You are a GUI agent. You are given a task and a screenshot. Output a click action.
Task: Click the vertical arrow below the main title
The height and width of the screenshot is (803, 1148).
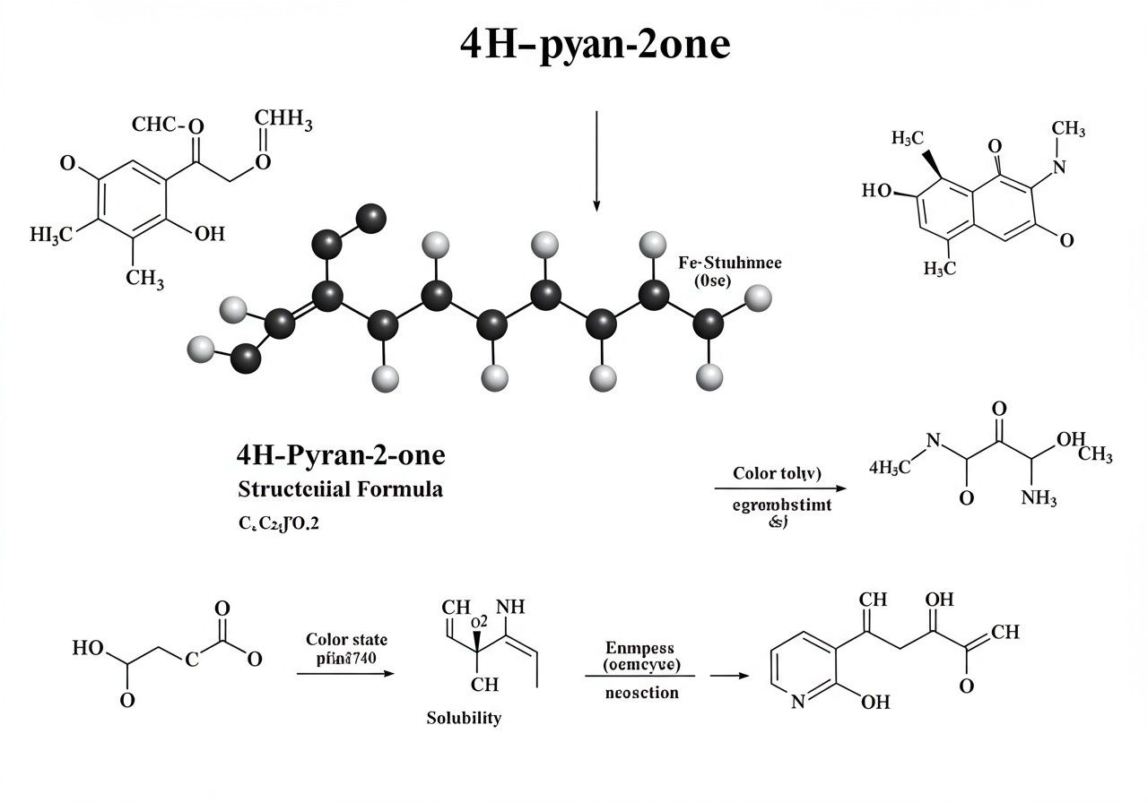pyautogui.click(x=596, y=161)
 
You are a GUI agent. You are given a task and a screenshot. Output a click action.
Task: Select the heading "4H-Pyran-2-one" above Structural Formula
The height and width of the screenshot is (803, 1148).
pyautogui.click(x=341, y=455)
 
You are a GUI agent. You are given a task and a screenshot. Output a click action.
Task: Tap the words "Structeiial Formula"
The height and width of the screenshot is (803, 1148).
pyautogui.click(x=340, y=489)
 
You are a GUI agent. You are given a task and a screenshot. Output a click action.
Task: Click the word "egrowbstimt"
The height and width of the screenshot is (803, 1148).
pyautogui.click(x=782, y=505)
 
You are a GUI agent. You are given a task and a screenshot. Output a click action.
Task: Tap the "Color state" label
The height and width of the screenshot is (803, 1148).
pyautogui.click(x=346, y=639)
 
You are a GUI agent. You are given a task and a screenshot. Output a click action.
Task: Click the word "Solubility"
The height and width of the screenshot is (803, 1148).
pyautogui.click(x=464, y=718)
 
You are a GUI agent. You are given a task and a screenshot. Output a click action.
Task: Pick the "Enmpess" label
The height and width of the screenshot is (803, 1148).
pyautogui.click(x=639, y=647)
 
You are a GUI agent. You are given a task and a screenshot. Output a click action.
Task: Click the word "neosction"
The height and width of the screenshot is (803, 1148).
pyautogui.click(x=640, y=693)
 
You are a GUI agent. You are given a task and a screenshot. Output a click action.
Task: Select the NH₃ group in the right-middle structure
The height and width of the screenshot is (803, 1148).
pyautogui.click(x=1039, y=498)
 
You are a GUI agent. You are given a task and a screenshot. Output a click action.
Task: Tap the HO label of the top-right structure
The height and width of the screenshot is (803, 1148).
pyautogui.click(x=878, y=191)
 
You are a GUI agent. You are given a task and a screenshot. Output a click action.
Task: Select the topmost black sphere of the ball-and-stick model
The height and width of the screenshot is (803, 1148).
pyautogui.click(x=370, y=217)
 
